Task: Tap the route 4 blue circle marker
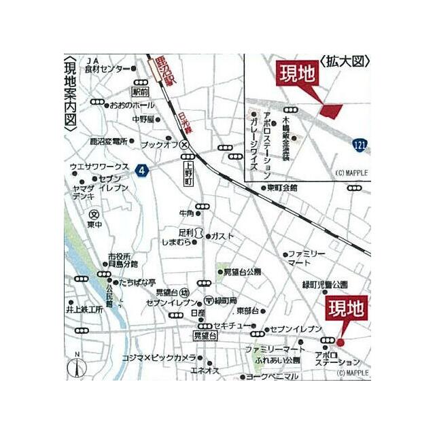pyautogui.click(x=141, y=170)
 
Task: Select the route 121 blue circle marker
pyautogui.click(x=361, y=143)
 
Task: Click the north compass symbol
pyautogui.click(x=77, y=368)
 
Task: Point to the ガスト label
pyautogui.click(x=222, y=236)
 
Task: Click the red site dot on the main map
pyautogui.click(x=341, y=342)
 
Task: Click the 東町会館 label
pyautogui.click(x=282, y=187)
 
